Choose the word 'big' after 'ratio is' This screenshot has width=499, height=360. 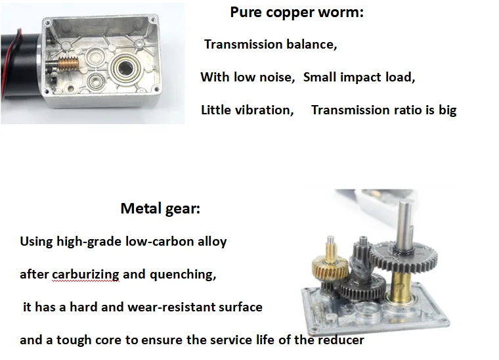pyautogui.click(x=447, y=110)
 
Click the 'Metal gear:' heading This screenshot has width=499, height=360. pyautogui.click(x=160, y=209)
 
